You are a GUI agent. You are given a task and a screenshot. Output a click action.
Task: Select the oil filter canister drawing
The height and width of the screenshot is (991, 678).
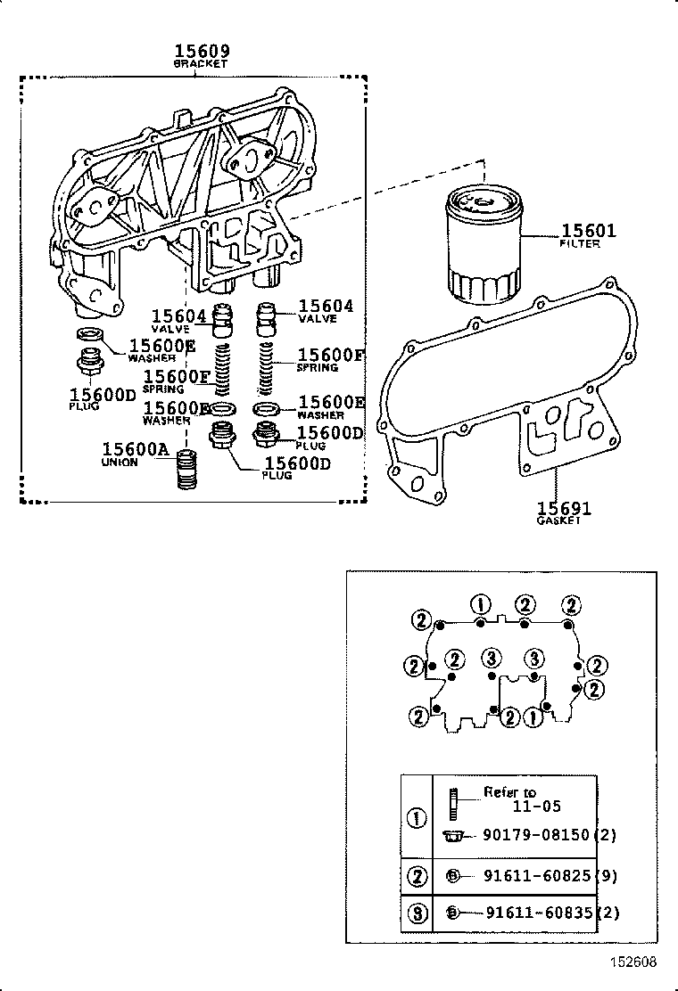click(x=481, y=249)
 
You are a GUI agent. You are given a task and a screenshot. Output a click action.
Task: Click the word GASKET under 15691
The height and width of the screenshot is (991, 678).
click(x=559, y=520)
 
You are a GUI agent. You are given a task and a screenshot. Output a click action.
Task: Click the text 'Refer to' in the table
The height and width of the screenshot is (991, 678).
click(x=509, y=791)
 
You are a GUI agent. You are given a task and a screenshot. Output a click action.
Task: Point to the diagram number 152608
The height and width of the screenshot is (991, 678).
click(x=634, y=962)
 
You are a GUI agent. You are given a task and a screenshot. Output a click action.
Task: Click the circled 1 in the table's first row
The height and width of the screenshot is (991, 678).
click(x=416, y=818)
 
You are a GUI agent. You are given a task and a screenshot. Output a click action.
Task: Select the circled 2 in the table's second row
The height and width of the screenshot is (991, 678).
click(x=416, y=876)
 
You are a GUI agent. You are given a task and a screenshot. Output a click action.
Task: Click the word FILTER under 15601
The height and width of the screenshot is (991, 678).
click(x=580, y=243)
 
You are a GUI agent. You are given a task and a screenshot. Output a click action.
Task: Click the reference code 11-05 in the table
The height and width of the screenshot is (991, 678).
click(x=536, y=807)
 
